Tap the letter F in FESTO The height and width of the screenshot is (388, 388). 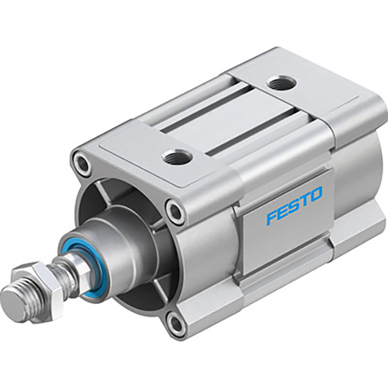coord(271,217)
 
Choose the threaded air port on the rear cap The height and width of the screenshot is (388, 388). coord(281,83)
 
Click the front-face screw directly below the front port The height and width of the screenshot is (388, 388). coord(176,210)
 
